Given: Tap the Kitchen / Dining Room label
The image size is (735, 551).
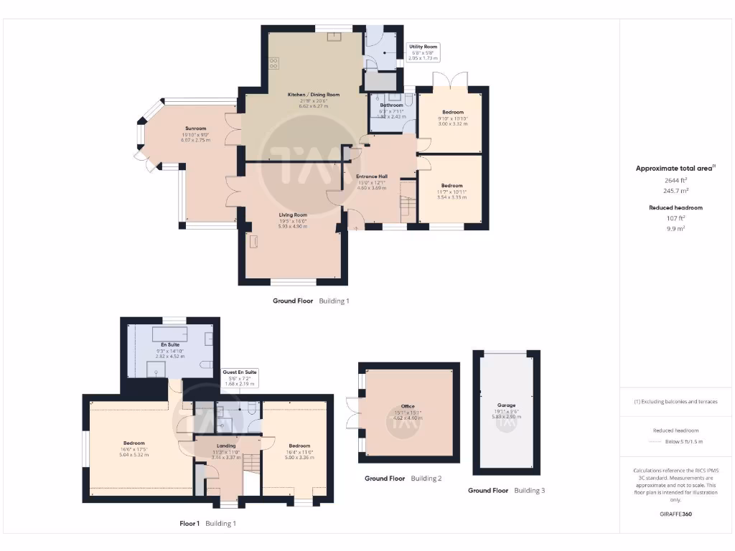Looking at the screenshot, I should [x=314, y=95].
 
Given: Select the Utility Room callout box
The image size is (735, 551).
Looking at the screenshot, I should [x=423, y=52].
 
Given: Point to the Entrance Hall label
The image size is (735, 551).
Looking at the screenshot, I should [x=372, y=176].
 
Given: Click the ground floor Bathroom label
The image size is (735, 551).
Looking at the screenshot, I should [x=392, y=105].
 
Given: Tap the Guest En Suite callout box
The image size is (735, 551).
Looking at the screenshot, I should [x=240, y=377].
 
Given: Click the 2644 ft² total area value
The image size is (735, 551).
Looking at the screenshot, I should [x=675, y=182].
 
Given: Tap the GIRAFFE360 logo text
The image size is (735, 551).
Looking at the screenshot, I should [x=675, y=514].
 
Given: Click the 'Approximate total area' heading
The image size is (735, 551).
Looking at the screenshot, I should [x=675, y=168].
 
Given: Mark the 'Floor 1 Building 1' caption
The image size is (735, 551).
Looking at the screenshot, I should [x=207, y=524].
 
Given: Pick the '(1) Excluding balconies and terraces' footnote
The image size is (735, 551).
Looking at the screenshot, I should [x=675, y=401].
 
